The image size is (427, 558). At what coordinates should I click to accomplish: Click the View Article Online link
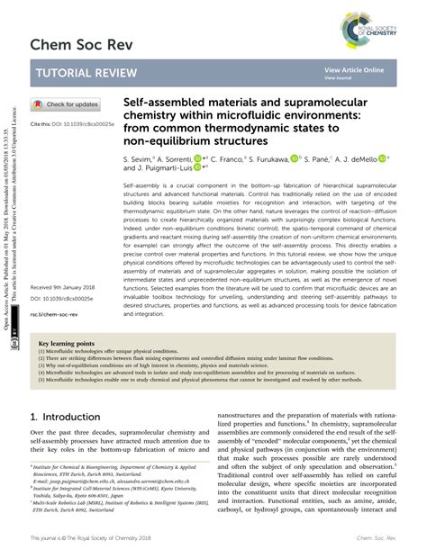pyautogui.click(x=354, y=69)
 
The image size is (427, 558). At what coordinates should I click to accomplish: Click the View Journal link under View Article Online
pyautogui.click(x=339, y=78)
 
